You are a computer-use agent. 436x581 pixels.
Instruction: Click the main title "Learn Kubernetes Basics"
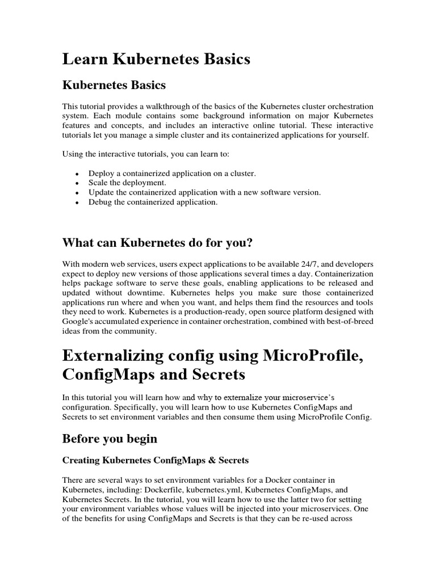pyautogui.click(x=156, y=59)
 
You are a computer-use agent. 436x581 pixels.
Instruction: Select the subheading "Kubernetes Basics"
pyautogui.click(x=114, y=85)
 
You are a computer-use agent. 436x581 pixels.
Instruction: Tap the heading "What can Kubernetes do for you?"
pyautogui.click(x=157, y=243)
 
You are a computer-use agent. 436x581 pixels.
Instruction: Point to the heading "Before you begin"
pyautogui.click(x=110, y=439)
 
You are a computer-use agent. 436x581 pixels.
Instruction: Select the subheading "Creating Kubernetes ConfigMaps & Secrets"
pyautogui.click(x=156, y=460)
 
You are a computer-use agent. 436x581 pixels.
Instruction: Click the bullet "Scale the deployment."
pyautogui.click(x=127, y=183)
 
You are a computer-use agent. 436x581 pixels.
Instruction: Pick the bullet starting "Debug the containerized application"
pyautogui.click(x=153, y=201)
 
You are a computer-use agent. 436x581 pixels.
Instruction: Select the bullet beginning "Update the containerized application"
pyautogui.click(x=204, y=192)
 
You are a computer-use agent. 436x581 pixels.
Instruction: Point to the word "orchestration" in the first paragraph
pyautogui.click(x=353, y=106)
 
